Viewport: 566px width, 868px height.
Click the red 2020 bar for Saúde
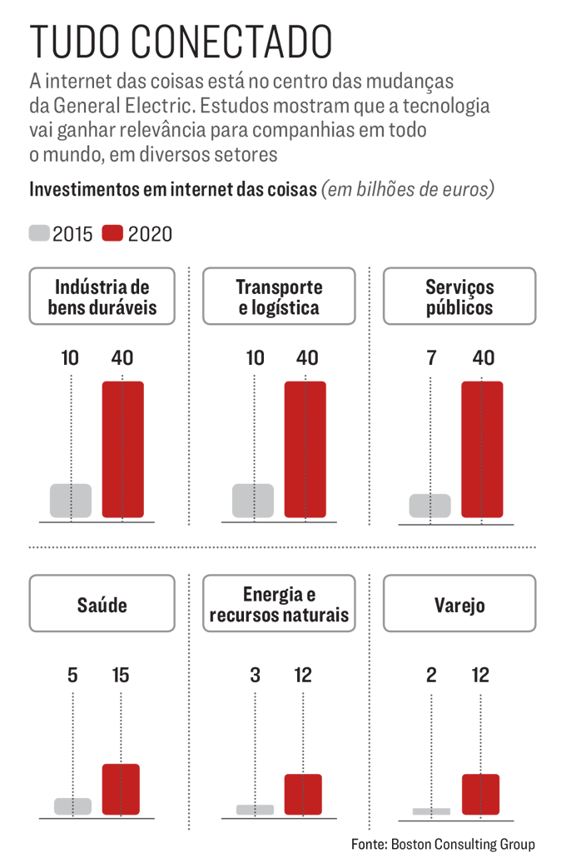pyautogui.click(x=121, y=789)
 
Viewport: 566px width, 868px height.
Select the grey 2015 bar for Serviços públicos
pyautogui.click(x=430, y=506)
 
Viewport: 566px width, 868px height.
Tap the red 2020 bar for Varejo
pyautogui.click(x=480, y=794)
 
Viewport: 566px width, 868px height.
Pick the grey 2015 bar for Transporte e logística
pyautogui.click(x=253, y=501)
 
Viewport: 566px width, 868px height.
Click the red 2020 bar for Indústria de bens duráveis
pyautogui.click(x=122, y=450)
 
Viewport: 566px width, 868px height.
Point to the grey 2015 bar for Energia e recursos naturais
pyautogui.click(x=255, y=810)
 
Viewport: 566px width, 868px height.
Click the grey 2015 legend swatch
pyautogui.click(x=39, y=233)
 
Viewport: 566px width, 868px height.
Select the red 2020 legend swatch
pyautogui.click(x=112, y=233)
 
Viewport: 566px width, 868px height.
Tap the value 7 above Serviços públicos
pyautogui.click(x=430, y=358)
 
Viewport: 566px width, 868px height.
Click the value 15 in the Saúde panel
pyautogui.click(x=121, y=675)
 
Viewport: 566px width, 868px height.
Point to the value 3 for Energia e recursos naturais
pyautogui.click(x=255, y=675)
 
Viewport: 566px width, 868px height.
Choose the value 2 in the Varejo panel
pyautogui.click(x=430, y=675)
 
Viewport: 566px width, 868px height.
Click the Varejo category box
pyautogui.click(x=459, y=604)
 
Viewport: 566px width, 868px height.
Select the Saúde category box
pyautogui.click(x=102, y=604)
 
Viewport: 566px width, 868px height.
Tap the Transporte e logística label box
pyautogui.click(x=279, y=297)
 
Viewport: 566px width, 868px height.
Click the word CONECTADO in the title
pyautogui.click(x=231, y=42)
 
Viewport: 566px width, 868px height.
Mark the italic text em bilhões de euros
pyautogui.click(x=408, y=188)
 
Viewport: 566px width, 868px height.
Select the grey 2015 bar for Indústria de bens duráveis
pyautogui.click(x=71, y=501)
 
